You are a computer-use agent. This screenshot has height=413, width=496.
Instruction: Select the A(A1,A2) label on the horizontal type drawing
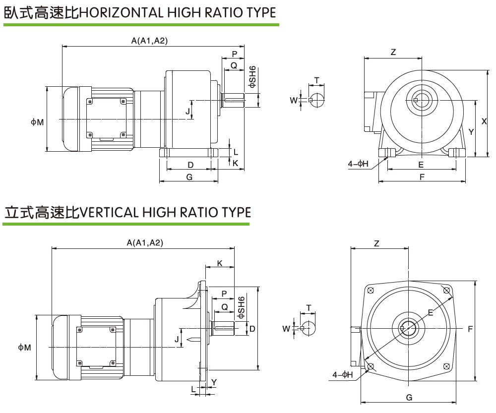coord(149,41)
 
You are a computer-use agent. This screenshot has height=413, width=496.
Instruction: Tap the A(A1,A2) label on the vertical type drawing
coord(145,242)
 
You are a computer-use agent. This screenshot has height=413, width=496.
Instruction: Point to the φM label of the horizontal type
coord(37,122)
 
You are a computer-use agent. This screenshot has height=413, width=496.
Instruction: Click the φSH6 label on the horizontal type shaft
coord(252,77)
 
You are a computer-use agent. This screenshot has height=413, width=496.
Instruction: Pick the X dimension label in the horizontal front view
coord(483,120)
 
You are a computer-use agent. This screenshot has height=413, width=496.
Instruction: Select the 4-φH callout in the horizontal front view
coord(358,164)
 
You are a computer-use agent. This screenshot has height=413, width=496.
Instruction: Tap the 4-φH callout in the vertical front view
coord(343,375)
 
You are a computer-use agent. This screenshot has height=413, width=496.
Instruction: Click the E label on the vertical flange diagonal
coord(430,312)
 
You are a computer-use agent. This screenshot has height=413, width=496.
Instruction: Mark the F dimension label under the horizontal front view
coord(422,177)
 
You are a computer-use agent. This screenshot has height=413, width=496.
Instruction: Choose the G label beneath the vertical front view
coord(409,398)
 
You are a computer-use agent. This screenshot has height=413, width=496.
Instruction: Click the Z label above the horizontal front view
coord(393,52)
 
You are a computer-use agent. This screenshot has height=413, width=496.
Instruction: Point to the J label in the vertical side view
coord(176,339)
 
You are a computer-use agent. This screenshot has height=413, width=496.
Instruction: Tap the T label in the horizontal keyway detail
coord(316,80)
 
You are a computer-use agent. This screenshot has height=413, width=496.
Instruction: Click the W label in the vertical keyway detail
coord(286,328)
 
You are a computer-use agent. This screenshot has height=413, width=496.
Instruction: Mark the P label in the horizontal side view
coord(235,54)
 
